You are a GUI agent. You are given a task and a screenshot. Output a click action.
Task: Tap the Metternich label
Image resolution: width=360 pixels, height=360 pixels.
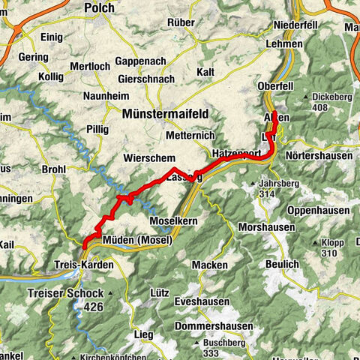coord(190,135)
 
